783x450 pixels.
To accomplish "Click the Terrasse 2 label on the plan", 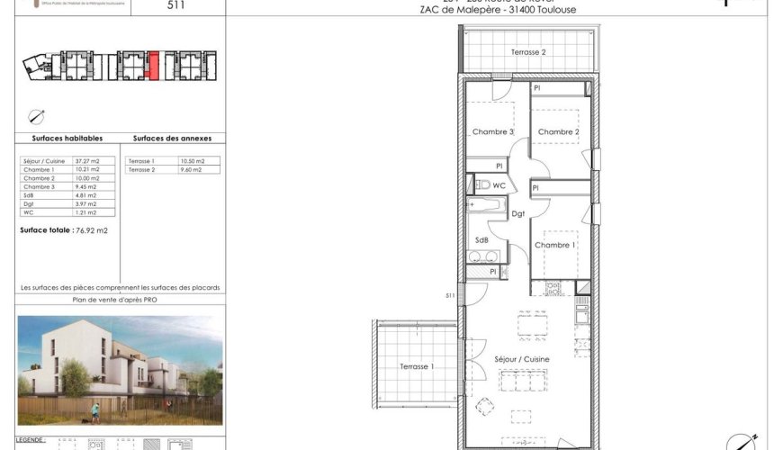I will [529, 52].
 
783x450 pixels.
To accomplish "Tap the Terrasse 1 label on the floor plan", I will [417, 366].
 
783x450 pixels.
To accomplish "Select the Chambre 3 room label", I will [492, 132].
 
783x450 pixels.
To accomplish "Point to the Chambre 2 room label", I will [558, 132].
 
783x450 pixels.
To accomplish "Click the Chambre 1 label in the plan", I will [554, 245].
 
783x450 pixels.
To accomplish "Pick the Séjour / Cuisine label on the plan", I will [522, 359].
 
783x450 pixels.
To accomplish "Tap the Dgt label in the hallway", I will [518, 213].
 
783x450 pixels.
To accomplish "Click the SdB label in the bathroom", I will [481, 240].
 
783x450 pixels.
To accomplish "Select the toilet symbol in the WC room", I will [482, 184].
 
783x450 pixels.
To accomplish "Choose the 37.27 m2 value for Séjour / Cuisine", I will [87, 160].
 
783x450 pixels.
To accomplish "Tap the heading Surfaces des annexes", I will [172, 139].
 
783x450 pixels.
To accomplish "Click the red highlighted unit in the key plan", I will [154, 66].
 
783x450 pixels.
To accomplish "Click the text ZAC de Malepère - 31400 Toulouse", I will [498, 10].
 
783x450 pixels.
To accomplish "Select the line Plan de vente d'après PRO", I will [121, 301].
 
